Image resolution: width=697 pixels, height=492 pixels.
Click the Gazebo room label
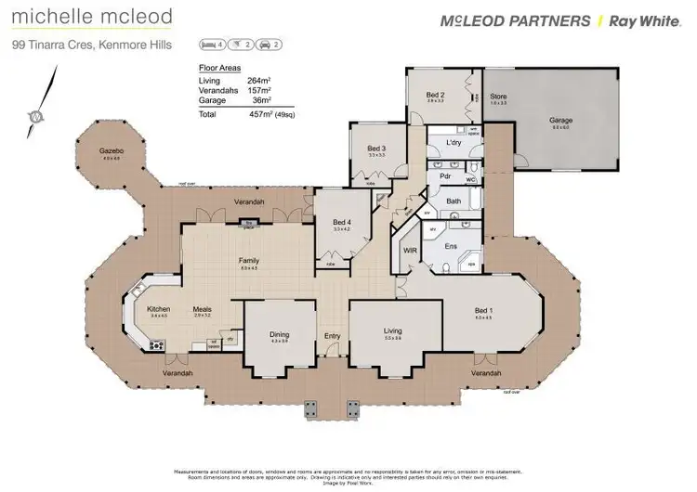pyautogui.click(x=112, y=150)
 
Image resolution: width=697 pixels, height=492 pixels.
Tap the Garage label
pyautogui.click(x=560, y=121)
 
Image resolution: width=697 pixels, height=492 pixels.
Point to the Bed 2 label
pyautogui.click(x=436, y=95)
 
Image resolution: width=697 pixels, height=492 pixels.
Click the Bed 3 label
pyautogui.click(x=375, y=149)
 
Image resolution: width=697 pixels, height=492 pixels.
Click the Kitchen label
pyautogui.click(x=159, y=309)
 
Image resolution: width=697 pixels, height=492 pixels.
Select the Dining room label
pyautogui.click(x=280, y=335)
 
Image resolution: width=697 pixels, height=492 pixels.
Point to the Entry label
pyautogui.click(x=332, y=336)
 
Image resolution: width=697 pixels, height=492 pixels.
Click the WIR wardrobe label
pyautogui.click(x=409, y=251)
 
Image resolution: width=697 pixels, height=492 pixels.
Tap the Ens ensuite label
pyautogui.click(x=452, y=246)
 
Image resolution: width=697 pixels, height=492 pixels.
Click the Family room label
pyautogui.click(x=249, y=261)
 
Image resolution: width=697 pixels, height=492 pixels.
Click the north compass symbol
pyautogui.click(x=33, y=117)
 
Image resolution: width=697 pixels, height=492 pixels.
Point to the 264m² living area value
pyautogui.click(x=256, y=81)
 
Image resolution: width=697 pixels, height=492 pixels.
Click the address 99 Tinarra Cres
pyautogui.click(x=51, y=44)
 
